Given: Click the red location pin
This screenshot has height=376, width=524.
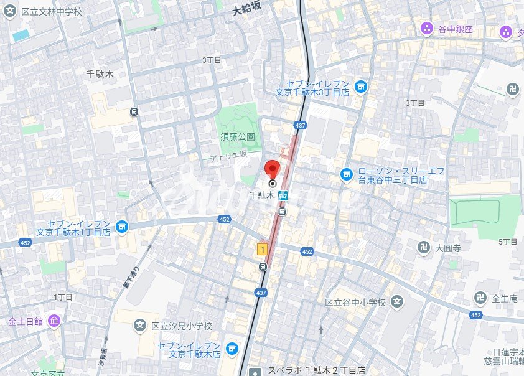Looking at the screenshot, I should [x=272, y=169].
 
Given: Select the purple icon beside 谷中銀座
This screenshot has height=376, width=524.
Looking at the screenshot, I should [x=426, y=29].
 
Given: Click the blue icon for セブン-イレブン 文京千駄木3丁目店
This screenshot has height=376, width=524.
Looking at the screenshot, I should [x=360, y=86].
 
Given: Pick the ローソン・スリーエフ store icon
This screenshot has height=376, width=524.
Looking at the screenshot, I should [x=347, y=175].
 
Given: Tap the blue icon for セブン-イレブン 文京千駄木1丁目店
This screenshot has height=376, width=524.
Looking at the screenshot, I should [x=122, y=226].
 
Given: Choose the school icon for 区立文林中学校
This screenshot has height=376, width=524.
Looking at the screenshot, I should [x=10, y=12].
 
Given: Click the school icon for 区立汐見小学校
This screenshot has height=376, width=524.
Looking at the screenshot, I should [x=141, y=326].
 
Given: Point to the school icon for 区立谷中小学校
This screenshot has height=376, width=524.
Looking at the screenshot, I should [x=398, y=303].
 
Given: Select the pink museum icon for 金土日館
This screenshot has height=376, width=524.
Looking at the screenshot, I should [x=54, y=321].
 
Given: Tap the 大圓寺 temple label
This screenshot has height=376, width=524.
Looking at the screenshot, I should [x=447, y=247].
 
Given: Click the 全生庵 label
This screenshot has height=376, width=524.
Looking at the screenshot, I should [x=505, y=298].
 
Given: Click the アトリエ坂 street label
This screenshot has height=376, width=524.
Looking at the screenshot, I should [x=228, y=156].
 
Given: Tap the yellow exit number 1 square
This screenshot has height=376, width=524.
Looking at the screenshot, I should [x=263, y=250].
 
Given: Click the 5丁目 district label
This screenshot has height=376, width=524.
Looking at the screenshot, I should [x=508, y=242].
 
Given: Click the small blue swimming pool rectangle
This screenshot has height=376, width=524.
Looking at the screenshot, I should [x=21, y=35].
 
